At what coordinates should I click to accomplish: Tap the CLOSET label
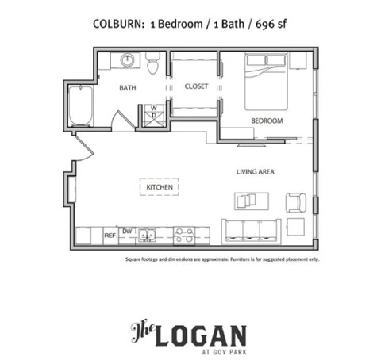tap(196, 86)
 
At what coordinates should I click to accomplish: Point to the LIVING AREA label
tap(256, 171)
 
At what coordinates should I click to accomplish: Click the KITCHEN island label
tap(160, 187)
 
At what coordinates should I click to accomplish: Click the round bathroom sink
tap(127, 60)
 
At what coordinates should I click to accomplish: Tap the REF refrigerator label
tap(110, 235)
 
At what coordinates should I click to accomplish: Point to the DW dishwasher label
tap(126, 231)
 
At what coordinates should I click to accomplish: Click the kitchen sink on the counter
tap(146, 235)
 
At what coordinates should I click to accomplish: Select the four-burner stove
tap(184, 235)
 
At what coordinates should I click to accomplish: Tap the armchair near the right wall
tap(295, 202)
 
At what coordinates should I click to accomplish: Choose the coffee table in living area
tap(252, 201)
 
